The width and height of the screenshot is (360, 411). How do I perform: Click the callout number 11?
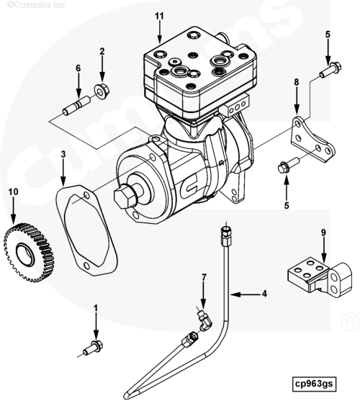point(159,17)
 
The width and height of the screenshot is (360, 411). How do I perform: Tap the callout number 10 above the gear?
point(14,192)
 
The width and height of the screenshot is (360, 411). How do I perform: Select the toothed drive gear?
point(29,253)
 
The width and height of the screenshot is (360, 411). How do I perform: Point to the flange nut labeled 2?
point(102,90)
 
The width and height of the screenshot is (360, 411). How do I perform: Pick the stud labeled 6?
point(76,106)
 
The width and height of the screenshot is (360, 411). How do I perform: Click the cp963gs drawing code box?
point(314,384)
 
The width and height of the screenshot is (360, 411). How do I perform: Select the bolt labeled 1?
point(93,348)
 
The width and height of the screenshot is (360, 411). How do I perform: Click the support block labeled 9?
point(320,277)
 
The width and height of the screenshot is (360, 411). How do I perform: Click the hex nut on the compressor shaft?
point(124,196)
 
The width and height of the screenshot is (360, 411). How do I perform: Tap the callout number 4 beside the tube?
point(264,294)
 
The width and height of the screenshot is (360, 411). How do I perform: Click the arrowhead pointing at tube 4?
point(234,294)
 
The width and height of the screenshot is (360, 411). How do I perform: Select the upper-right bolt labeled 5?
point(330,70)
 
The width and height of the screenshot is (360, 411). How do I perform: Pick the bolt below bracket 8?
point(289,165)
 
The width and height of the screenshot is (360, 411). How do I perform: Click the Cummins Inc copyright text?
point(36,4)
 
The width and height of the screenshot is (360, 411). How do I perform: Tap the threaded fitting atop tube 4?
point(226,235)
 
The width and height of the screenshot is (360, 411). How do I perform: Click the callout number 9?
point(323,232)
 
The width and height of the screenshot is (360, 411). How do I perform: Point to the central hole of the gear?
point(25,255)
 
